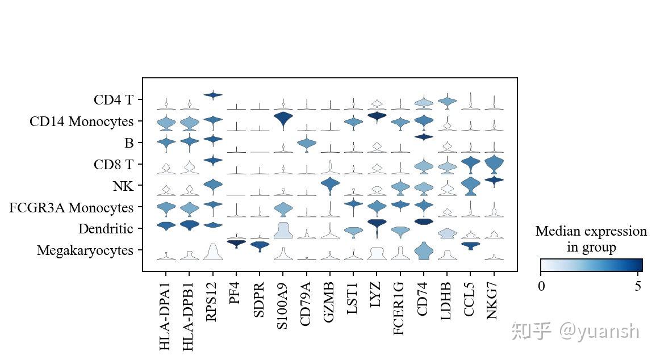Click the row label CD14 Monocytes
[x=82, y=122]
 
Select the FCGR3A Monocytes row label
[x=71, y=208]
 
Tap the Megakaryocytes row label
[x=85, y=250]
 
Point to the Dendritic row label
[x=106, y=229]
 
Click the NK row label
[x=122, y=186]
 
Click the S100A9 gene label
[x=282, y=307]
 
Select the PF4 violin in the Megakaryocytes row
[x=236, y=243]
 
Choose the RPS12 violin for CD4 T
[x=212, y=95]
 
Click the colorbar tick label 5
[x=638, y=286]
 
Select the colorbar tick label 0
[x=541, y=286]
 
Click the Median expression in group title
[x=591, y=239]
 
